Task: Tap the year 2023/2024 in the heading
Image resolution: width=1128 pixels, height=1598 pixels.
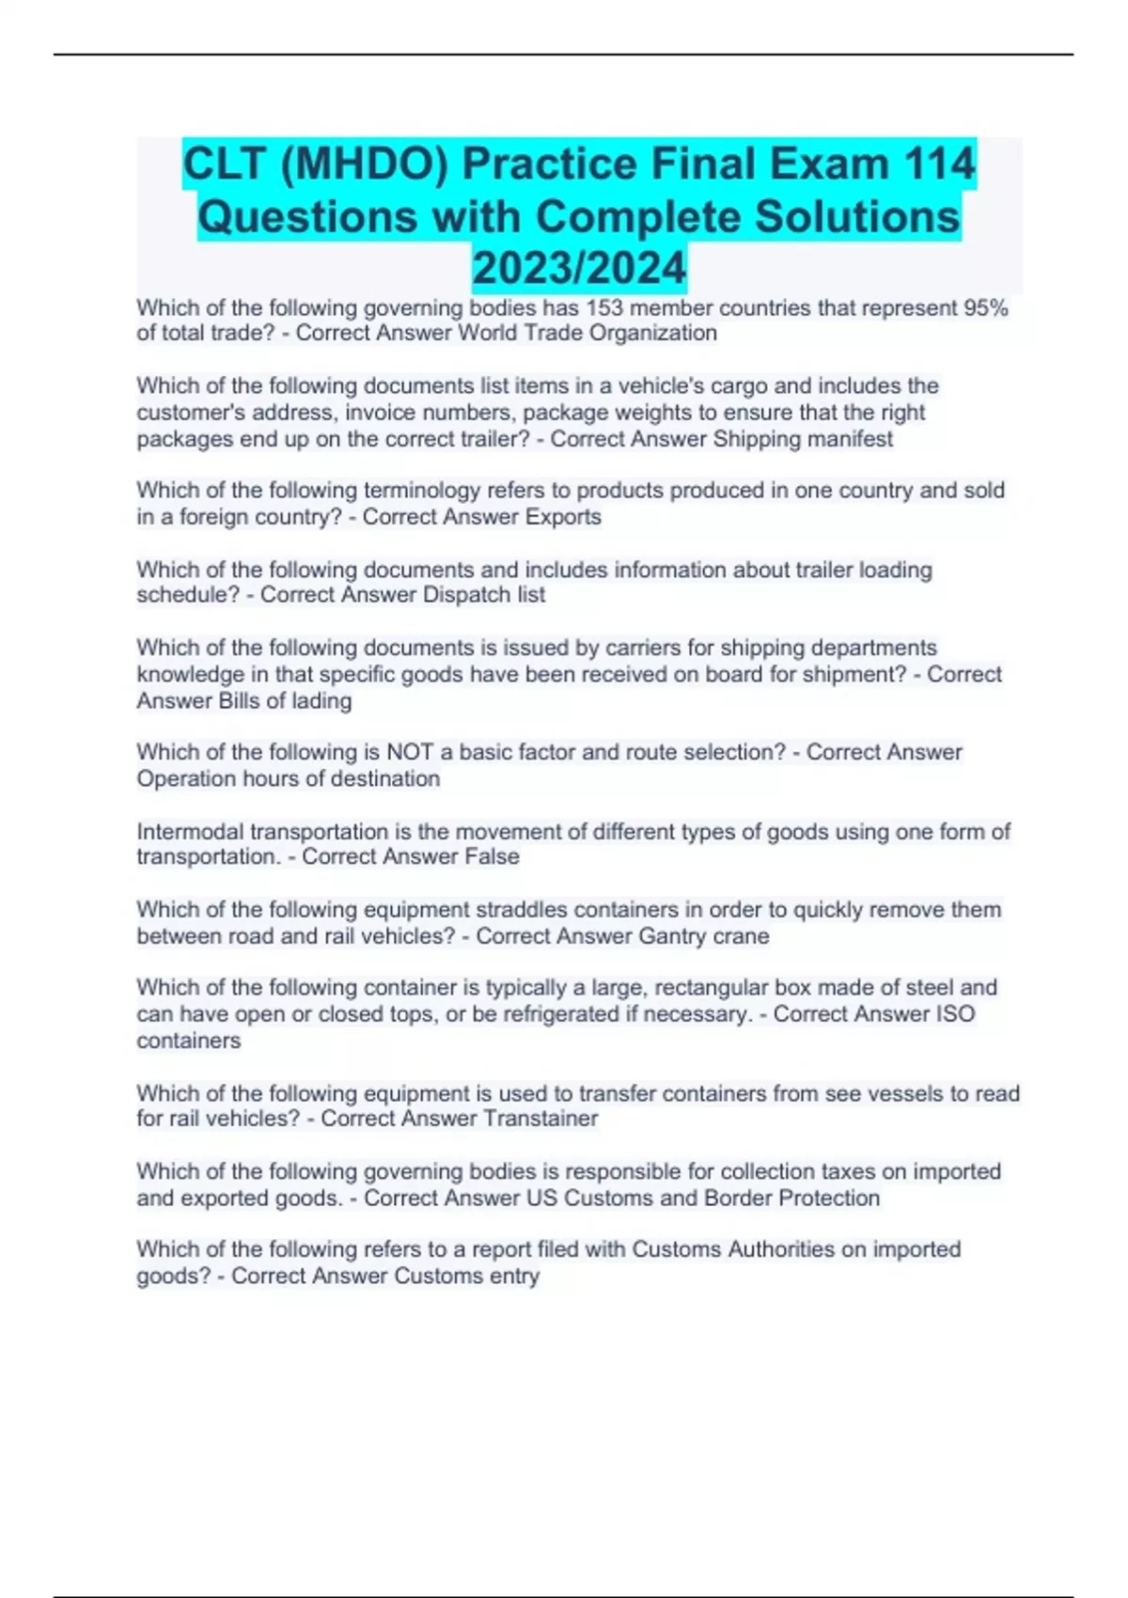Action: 579,268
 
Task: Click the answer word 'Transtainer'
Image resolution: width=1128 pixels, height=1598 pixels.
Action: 540,1119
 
